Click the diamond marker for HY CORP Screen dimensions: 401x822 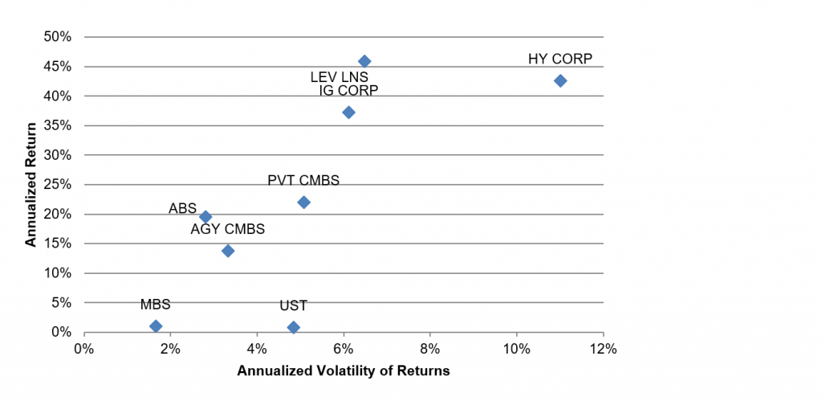560,80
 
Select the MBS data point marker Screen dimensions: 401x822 156,325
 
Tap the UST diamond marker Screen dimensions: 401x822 294,327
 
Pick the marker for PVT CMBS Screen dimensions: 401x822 303,202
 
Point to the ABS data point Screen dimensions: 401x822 205,216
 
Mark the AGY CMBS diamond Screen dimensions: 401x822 228,251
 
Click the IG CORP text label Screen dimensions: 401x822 348,90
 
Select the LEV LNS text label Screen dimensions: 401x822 340,77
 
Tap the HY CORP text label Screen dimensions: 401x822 560,59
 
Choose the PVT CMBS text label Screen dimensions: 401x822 303,181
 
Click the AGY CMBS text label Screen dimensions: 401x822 227,230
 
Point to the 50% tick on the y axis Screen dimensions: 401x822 59,37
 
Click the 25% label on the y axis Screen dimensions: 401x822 59,184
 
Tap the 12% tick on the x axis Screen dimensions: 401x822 603,349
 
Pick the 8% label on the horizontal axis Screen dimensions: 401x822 430,349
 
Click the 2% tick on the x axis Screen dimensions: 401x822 170,349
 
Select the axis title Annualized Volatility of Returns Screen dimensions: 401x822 343,371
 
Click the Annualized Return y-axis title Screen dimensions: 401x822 31,183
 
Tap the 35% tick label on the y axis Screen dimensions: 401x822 59,125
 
